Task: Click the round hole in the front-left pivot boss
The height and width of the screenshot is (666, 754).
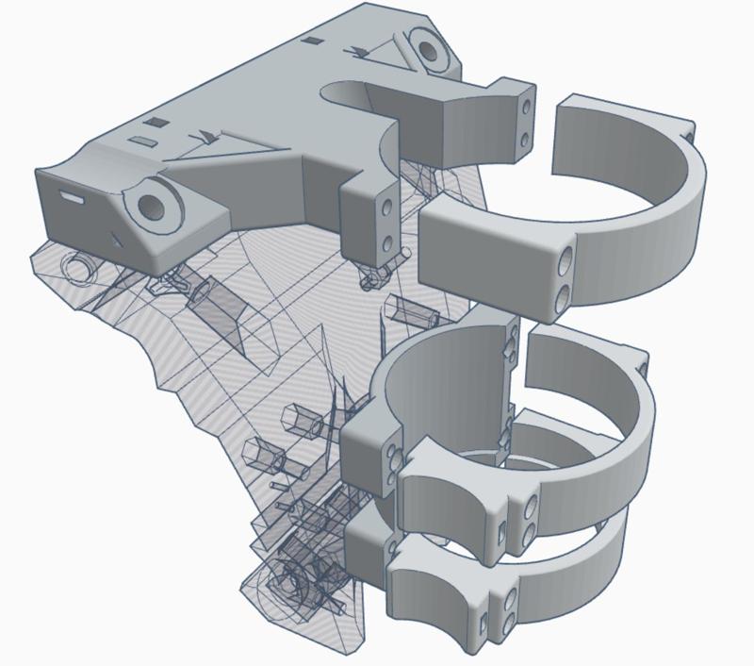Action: pyautogui.click(x=151, y=204)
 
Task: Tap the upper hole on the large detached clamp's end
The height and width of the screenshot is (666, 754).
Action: pyautogui.click(x=565, y=258)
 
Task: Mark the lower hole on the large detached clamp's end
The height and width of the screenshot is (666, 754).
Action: pyautogui.click(x=563, y=295)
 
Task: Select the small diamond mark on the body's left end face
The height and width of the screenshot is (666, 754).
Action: pyautogui.click(x=116, y=238)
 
